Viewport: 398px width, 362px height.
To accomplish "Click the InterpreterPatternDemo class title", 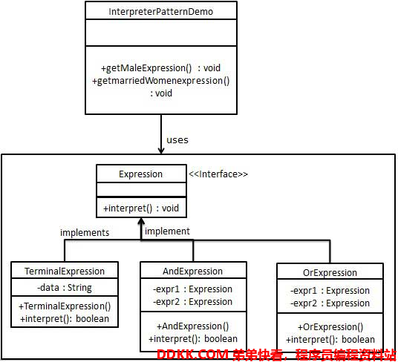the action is (160, 12).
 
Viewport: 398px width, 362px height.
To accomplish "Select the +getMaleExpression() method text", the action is (146, 68).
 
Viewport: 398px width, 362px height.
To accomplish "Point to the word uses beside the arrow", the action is (177, 140).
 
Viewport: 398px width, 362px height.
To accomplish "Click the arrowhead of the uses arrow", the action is (161, 151).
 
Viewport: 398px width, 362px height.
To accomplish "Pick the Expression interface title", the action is (140, 174).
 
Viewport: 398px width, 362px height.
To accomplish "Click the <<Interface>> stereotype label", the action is (218, 174).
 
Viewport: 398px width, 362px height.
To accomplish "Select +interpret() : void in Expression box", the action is (141, 208).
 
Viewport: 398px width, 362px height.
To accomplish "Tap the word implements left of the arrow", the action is (85, 233).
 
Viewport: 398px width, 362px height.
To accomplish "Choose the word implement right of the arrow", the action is (167, 231).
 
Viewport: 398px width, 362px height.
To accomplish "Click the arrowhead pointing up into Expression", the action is (141, 221).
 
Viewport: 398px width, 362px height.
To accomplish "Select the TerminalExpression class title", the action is (65, 271).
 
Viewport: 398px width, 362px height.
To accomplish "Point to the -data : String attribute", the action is (65, 288).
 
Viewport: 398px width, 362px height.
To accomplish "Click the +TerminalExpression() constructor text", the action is (65, 306).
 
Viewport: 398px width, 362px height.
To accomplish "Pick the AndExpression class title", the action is (192, 271).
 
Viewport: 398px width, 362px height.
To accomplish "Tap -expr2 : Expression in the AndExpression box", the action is (192, 302).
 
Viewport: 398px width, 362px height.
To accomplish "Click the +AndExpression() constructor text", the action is (192, 326).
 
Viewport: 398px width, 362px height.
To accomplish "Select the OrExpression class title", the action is (330, 273).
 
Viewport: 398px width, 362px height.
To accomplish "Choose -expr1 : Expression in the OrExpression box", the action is (330, 291).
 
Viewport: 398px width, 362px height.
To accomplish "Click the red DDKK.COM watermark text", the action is (192, 355).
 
